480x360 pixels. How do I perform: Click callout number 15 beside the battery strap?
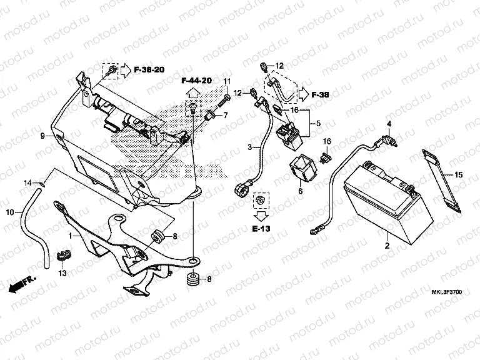[458, 175]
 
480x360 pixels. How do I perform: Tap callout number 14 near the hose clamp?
[27, 182]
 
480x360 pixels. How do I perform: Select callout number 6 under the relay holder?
[300, 191]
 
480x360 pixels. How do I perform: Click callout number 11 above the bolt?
[227, 82]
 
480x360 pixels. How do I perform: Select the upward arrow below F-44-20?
[192, 93]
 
